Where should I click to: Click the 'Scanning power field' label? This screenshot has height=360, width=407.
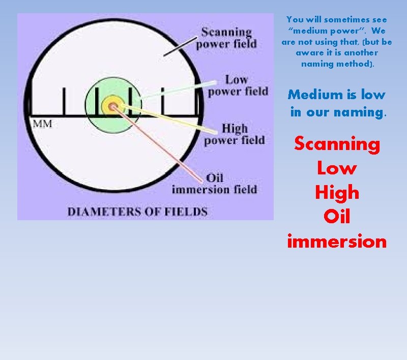(x=226, y=38)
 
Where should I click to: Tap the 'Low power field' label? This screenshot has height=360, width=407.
(x=238, y=85)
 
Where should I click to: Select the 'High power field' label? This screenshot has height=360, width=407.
(x=235, y=134)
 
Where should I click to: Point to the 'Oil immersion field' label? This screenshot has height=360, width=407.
(x=214, y=184)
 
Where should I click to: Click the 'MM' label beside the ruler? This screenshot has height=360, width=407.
(x=42, y=124)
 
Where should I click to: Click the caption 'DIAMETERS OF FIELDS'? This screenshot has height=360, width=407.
(x=137, y=212)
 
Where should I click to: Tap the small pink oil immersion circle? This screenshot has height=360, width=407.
(x=113, y=107)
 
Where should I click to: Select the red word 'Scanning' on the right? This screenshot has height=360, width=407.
(x=337, y=144)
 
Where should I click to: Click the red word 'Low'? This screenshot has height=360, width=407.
(x=337, y=168)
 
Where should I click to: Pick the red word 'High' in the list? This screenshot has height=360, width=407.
(x=337, y=193)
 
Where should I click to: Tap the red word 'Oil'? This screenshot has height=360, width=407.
(x=337, y=217)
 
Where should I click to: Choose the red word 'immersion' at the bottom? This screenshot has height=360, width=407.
(x=337, y=241)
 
